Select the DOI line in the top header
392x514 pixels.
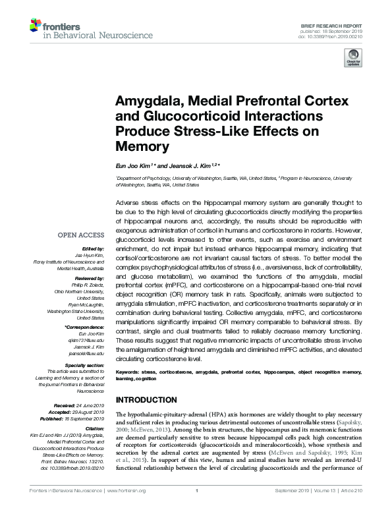(x=333, y=36)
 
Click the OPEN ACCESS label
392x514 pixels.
(x=81, y=235)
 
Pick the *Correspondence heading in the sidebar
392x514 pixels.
(x=84, y=328)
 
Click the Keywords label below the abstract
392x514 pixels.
(x=126, y=372)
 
